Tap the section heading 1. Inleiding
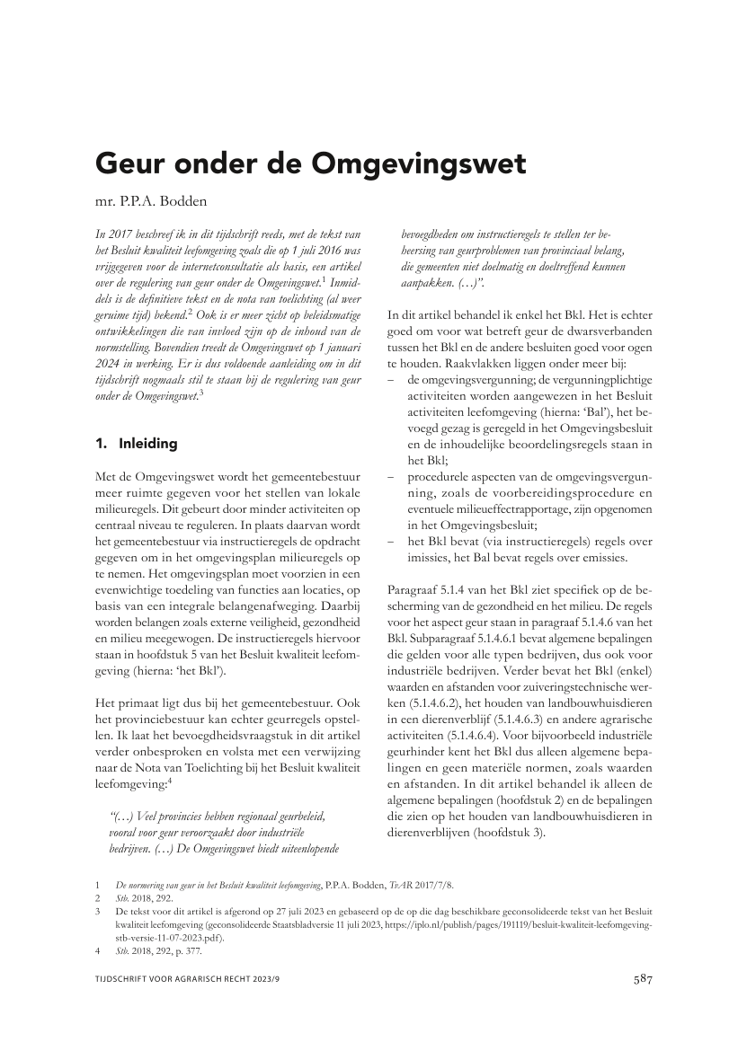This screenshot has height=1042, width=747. click(x=137, y=443)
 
